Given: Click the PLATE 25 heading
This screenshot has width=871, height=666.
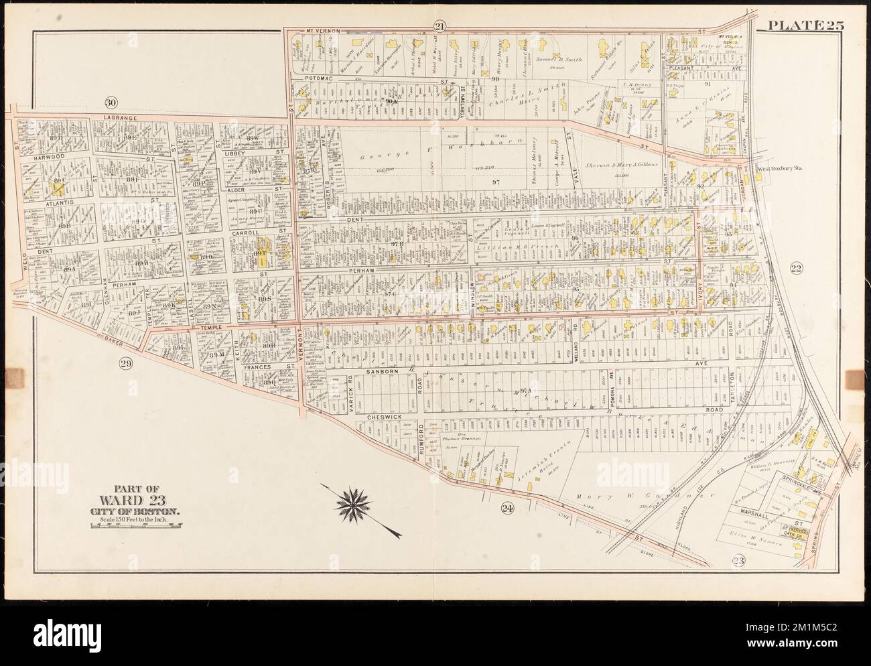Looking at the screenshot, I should pyautogui.click(x=806, y=26).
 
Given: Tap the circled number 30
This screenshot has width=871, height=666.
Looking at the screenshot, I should pyautogui.click(x=111, y=103).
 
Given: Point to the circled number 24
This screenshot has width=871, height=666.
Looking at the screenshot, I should pyautogui.click(x=507, y=509).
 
